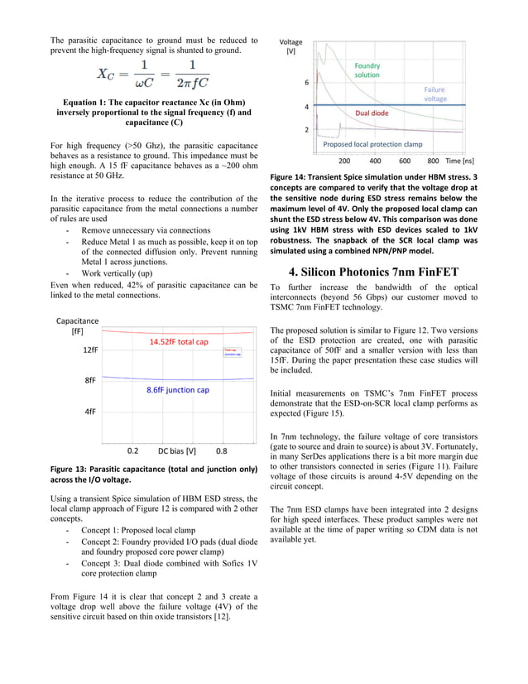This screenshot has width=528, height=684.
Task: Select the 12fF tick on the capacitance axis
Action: [x=89, y=350]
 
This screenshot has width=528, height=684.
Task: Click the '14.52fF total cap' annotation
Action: [x=179, y=342]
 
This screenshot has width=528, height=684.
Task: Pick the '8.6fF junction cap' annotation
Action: [x=177, y=389]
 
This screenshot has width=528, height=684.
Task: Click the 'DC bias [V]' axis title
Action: [x=177, y=452]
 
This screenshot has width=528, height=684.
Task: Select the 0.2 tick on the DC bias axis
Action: [x=132, y=452]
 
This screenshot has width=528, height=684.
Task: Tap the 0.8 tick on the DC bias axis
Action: [x=222, y=452]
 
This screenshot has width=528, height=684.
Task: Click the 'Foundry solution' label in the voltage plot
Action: [x=367, y=70]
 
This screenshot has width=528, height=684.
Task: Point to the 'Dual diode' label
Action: [x=372, y=113]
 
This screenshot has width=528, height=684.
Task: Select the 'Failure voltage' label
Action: [x=435, y=94]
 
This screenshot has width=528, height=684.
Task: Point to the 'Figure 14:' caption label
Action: [x=293, y=177]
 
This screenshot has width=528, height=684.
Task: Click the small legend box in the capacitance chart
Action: [x=233, y=352]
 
